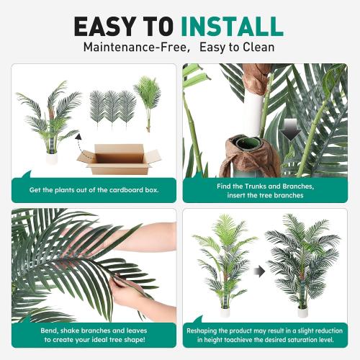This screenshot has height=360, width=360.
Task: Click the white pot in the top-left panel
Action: (51, 158)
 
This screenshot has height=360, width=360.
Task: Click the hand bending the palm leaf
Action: (133, 292)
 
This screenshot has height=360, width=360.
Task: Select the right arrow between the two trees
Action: (261, 271)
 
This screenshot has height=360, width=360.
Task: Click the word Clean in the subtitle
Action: (256, 48)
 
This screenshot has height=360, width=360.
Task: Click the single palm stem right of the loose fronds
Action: (148, 104)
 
